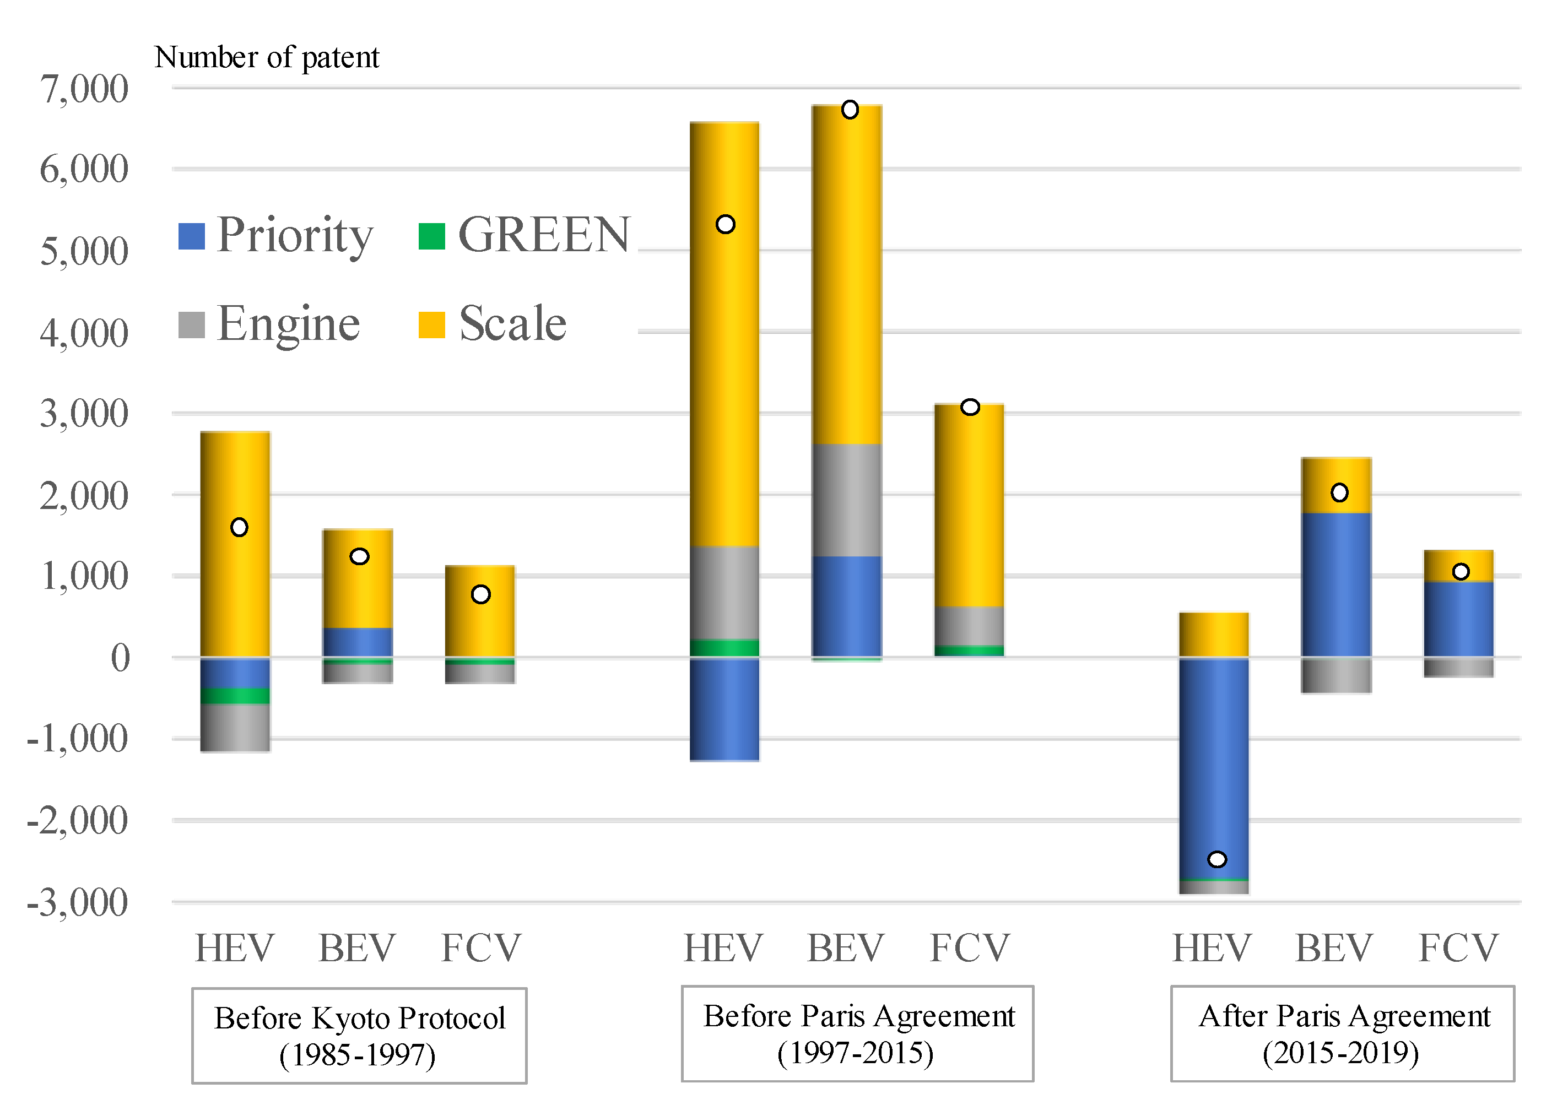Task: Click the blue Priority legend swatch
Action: click(x=191, y=236)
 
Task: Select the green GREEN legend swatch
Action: click(x=431, y=236)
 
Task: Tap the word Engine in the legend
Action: click(x=288, y=324)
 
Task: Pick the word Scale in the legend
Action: click(x=512, y=324)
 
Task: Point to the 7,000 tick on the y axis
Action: click(x=84, y=89)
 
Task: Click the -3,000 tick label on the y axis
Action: click(x=77, y=903)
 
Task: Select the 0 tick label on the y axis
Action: click(x=120, y=658)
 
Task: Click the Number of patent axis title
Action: click(x=267, y=57)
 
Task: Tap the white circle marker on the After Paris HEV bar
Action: click(x=1217, y=859)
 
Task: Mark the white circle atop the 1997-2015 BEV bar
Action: click(x=850, y=110)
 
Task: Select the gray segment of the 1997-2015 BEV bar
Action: click(x=847, y=500)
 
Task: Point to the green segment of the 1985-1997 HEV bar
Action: click(x=235, y=696)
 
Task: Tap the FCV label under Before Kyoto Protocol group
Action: click(x=480, y=949)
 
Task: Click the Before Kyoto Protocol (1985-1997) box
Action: click(x=359, y=1036)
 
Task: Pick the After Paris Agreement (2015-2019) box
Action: click(x=1342, y=1033)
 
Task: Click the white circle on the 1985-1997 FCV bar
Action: click(x=480, y=594)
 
